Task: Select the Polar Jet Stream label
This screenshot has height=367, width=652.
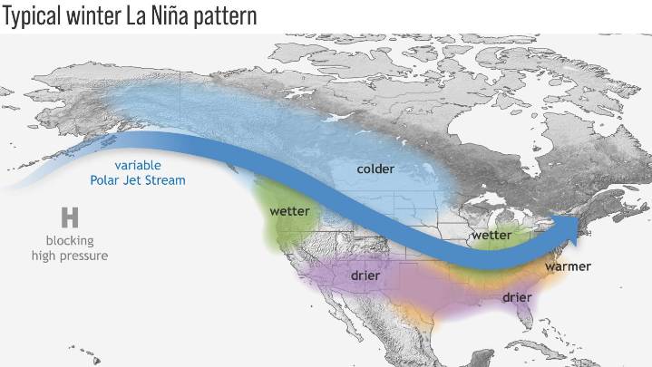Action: point(138,180)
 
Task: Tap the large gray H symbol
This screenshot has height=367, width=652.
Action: point(69,217)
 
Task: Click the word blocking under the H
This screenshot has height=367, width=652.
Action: point(70,240)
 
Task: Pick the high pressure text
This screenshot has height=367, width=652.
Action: point(76,256)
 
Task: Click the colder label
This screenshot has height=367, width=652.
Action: point(375,169)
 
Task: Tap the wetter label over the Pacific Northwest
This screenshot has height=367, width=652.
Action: point(291,211)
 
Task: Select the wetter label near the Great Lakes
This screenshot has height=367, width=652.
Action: point(491,236)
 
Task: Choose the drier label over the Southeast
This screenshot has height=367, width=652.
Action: point(516,297)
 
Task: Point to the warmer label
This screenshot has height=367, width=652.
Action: point(568,266)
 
